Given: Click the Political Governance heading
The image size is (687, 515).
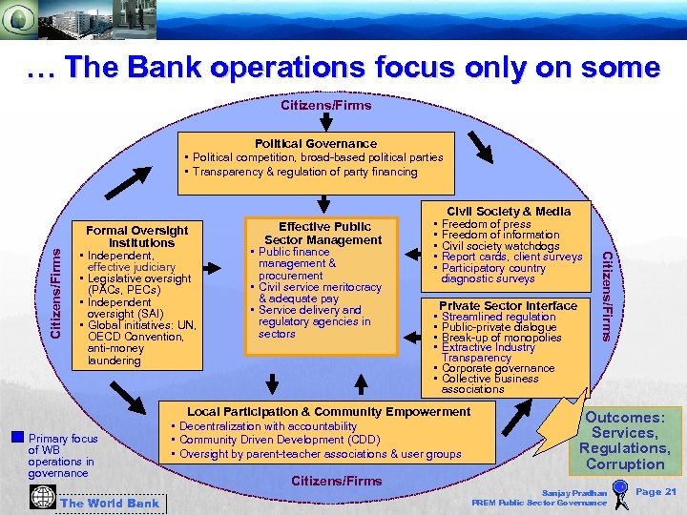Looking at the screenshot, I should click(315, 143).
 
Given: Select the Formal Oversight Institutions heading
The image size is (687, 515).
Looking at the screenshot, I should click(137, 237).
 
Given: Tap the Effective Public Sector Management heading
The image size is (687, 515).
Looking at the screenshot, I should click(324, 234).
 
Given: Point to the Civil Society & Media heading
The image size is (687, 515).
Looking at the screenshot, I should click(508, 212).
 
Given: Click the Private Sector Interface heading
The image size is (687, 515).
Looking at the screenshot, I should click(508, 306).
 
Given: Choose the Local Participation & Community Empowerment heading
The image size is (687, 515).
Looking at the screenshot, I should click(328, 412).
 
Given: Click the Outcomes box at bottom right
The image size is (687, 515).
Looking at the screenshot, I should click(625, 441).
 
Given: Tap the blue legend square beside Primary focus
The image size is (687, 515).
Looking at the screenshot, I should click(16, 438).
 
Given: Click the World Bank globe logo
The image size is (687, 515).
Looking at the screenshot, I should click(42, 498).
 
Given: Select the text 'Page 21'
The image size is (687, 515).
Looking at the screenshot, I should click(656, 491).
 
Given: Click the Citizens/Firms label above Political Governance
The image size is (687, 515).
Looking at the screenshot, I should click(325, 105).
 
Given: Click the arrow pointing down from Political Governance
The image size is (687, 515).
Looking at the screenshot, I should click(325, 203).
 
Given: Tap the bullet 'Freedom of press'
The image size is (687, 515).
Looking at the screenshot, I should click(486, 224).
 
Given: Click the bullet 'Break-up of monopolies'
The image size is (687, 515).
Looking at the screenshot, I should click(501, 338).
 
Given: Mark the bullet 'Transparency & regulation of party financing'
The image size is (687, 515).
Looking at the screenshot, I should click(304, 172).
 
